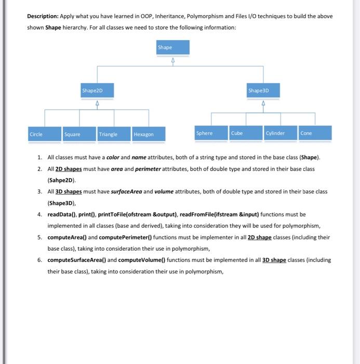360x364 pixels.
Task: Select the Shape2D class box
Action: (x=97, y=90)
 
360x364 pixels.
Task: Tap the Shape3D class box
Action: (x=263, y=90)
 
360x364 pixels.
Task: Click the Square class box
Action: (x=79, y=134)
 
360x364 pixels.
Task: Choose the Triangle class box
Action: (x=114, y=134)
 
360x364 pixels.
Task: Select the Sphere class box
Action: (x=211, y=133)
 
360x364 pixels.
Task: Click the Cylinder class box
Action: (x=281, y=133)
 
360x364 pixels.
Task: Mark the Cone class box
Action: (x=315, y=133)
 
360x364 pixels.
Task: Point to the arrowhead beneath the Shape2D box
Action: (x=97, y=102)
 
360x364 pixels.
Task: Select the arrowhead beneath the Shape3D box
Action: (x=263, y=102)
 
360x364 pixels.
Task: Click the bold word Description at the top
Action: (x=44, y=16)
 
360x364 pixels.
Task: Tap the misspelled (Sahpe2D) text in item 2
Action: (x=61, y=180)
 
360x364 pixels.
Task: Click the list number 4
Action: (x=39, y=214)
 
